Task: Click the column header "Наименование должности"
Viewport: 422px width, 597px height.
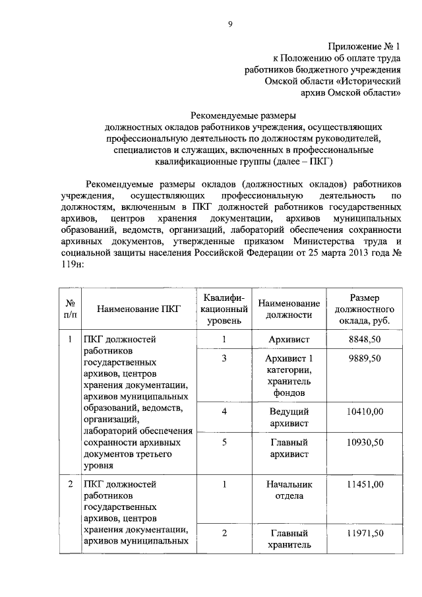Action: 289,308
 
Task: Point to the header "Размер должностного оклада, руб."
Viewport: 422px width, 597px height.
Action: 364,308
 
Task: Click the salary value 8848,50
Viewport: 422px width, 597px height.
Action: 364,339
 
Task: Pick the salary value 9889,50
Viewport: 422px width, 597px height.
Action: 364,358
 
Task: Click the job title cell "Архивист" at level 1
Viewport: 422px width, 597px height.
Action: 289,339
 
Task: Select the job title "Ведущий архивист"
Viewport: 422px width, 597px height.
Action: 289,417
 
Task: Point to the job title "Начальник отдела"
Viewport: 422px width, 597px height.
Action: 289,490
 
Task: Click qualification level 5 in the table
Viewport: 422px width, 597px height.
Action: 224,442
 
